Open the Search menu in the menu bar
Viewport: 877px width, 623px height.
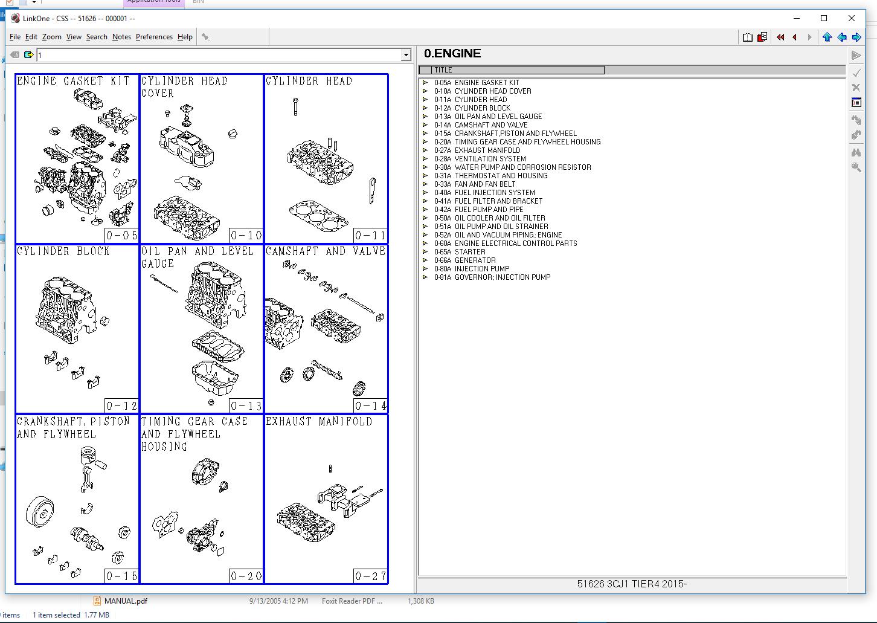(96, 37)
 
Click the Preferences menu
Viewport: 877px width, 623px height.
(154, 37)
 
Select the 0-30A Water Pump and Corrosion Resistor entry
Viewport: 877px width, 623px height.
(522, 167)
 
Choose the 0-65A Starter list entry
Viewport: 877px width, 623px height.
(469, 252)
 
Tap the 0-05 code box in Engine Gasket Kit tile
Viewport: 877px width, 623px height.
(121, 236)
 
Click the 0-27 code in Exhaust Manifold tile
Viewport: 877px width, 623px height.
(370, 576)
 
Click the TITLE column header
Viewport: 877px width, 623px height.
(512, 70)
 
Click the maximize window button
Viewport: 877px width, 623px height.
(824, 18)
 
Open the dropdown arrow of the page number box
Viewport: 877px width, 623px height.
(406, 56)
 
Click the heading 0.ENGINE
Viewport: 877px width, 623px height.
(452, 54)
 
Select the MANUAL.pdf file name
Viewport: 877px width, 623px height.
(126, 601)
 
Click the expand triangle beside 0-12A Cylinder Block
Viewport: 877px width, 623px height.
(425, 108)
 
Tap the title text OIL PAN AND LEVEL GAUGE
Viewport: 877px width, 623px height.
(197, 257)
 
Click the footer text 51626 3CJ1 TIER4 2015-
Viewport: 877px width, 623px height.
(632, 584)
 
